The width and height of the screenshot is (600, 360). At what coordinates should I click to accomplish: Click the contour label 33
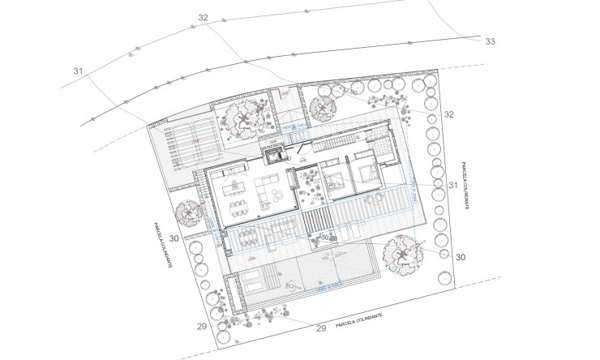coord(489,41)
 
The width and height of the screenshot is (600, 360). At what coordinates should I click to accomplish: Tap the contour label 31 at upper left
coord(79,71)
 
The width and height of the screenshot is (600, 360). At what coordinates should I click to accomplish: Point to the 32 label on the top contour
coord(203,18)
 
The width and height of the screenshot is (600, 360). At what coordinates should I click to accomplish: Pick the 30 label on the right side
coord(461,257)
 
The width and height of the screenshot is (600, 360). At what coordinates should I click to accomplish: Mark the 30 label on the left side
coord(175,239)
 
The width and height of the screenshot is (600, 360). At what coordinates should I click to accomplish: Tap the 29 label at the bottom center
coord(320,328)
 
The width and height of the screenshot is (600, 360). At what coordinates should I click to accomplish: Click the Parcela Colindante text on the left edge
coord(161,247)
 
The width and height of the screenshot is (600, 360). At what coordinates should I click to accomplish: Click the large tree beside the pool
coord(401,255)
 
